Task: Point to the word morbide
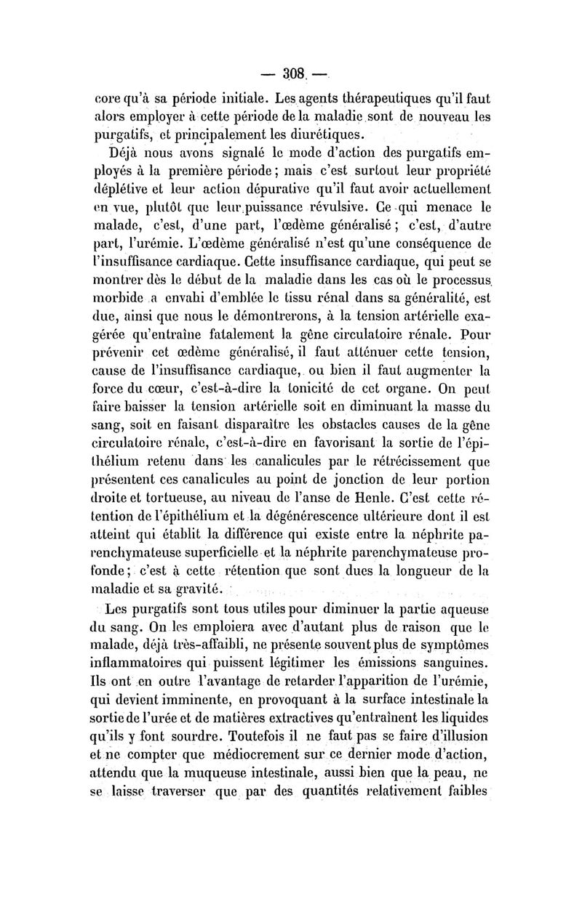click(118, 296)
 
